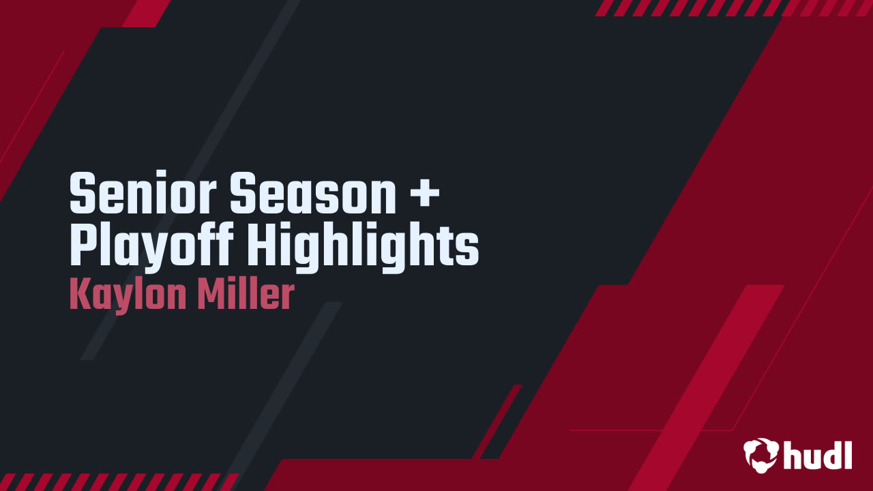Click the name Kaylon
point(128,295)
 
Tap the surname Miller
point(246,295)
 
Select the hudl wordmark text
point(817,454)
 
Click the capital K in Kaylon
point(80,295)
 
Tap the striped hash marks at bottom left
point(116,481)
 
